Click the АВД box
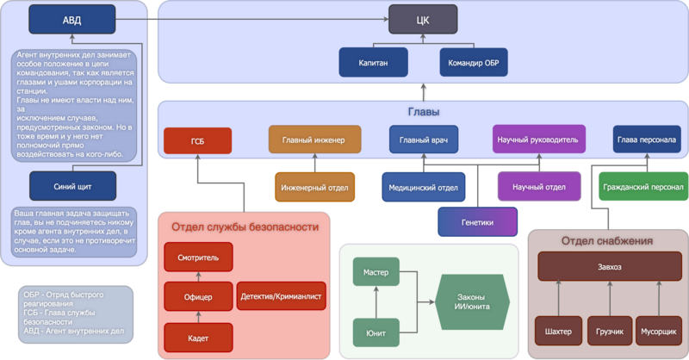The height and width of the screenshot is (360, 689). pyautogui.click(x=72, y=19)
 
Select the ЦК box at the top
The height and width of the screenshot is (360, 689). pyautogui.click(x=423, y=19)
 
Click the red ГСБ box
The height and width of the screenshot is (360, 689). pyautogui.click(x=197, y=140)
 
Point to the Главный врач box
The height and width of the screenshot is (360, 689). pyautogui.click(x=423, y=139)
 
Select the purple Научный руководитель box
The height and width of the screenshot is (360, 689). pyautogui.click(x=540, y=139)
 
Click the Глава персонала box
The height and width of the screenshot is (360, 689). pyautogui.click(x=646, y=140)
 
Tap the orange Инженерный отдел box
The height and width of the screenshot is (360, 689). pyautogui.click(x=314, y=186)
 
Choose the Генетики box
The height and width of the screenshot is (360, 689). pyautogui.click(x=477, y=221)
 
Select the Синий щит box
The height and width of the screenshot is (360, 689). pyautogui.click(x=72, y=185)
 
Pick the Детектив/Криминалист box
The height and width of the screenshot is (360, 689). pyautogui.click(x=281, y=295)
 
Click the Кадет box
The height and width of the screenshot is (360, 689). pyautogui.click(x=198, y=337)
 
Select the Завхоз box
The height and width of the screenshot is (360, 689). pyautogui.click(x=610, y=266)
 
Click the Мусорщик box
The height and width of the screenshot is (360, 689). pyautogui.click(x=660, y=331)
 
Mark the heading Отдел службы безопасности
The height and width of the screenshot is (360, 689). pyautogui.click(x=245, y=227)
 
